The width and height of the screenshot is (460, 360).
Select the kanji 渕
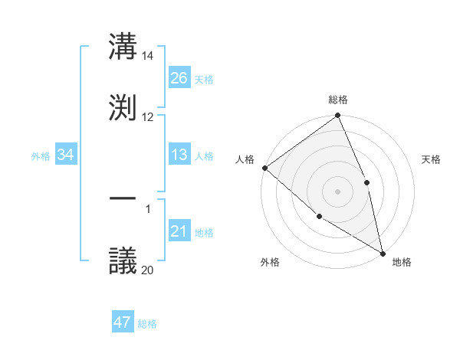click(123, 105)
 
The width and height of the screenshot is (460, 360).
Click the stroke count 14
click(148, 56)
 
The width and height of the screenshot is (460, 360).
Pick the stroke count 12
click(148, 116)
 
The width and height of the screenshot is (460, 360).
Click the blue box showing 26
click(179, 78)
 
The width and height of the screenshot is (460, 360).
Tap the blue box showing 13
click(179, 155)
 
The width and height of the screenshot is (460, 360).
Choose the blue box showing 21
click(179, 232)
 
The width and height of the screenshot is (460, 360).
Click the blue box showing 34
click(66, 155)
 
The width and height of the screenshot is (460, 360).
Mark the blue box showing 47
click(123, 322)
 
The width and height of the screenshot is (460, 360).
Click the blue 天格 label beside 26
click(204, 79)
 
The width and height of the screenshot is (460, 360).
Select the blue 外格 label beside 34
click(41, 156)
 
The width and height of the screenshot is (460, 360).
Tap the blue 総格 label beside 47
click(147, 324)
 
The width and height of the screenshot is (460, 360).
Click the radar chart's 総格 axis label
click(338, 100)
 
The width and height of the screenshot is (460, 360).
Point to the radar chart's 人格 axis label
click(245, 159)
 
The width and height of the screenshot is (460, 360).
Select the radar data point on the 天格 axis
click(366, 182)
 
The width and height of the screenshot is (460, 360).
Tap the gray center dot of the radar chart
click(337, 191)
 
